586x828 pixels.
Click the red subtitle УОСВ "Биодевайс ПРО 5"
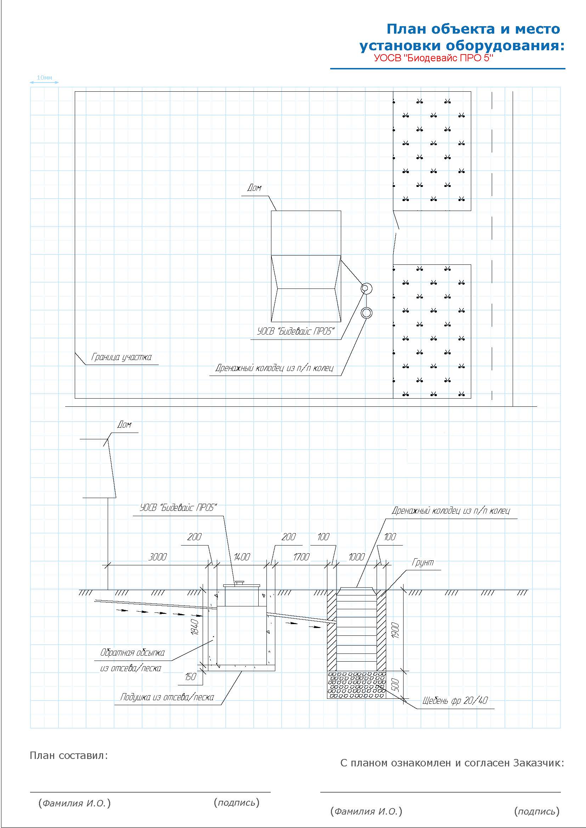pyautogui.click(x=433, y=58)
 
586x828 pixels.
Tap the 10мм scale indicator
pyautogui.click(x=44, y=78)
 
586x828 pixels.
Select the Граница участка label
pyautogui.click(x=121, y=357)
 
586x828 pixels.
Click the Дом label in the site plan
pyautogui.click(x=254, y=188)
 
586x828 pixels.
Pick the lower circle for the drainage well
pyautogui.click(x=366, y=312)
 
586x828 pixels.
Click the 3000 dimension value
pyautogui.click(x=158, y=557)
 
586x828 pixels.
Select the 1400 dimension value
pyautogui.click(x=241, y=557)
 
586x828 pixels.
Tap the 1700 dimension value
pyautogui.click(x=301, y=557)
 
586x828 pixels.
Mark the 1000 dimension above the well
pyautogui.click(x=356, y=557)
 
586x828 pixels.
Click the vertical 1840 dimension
pyautogui.click(x=195, y=627)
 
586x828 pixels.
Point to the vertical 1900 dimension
pyautogui.click(x=395, y=630)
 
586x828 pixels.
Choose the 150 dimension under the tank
pyautogui.click(x=191, y=676)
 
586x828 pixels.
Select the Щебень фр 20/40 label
pyautogui.click(x=455, y=700)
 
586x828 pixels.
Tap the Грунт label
pyautogui.click(x=423, y=562)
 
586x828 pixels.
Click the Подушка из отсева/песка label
pyautogui.click(x=167, y=697)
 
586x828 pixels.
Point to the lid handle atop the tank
pyautogui.click(x=240, y=582)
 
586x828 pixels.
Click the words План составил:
pyautogui.click(x=69, y=755)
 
